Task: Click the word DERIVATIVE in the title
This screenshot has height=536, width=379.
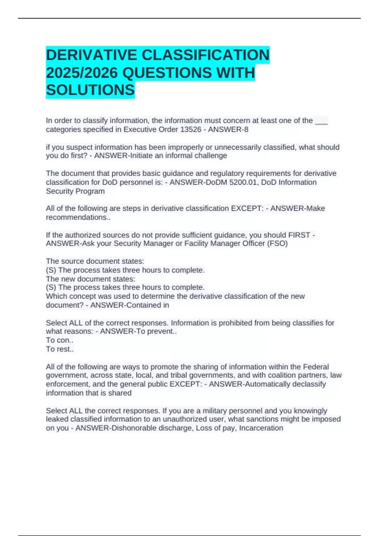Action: [91, 55]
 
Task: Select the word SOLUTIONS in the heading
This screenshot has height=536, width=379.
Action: [90, 90]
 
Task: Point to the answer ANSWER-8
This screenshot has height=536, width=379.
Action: [228, 130]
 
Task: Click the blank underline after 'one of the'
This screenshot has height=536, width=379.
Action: [321, 121]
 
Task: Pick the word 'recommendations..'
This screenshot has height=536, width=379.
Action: [78, 217]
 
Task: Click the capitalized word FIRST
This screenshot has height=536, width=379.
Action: [299, 235]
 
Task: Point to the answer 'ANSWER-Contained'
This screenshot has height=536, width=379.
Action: [124, 305]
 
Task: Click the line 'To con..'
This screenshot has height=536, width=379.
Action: [60, 340]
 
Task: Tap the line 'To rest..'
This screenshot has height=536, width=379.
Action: [60, 349]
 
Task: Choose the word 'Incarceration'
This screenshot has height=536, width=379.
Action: [261, 428]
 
